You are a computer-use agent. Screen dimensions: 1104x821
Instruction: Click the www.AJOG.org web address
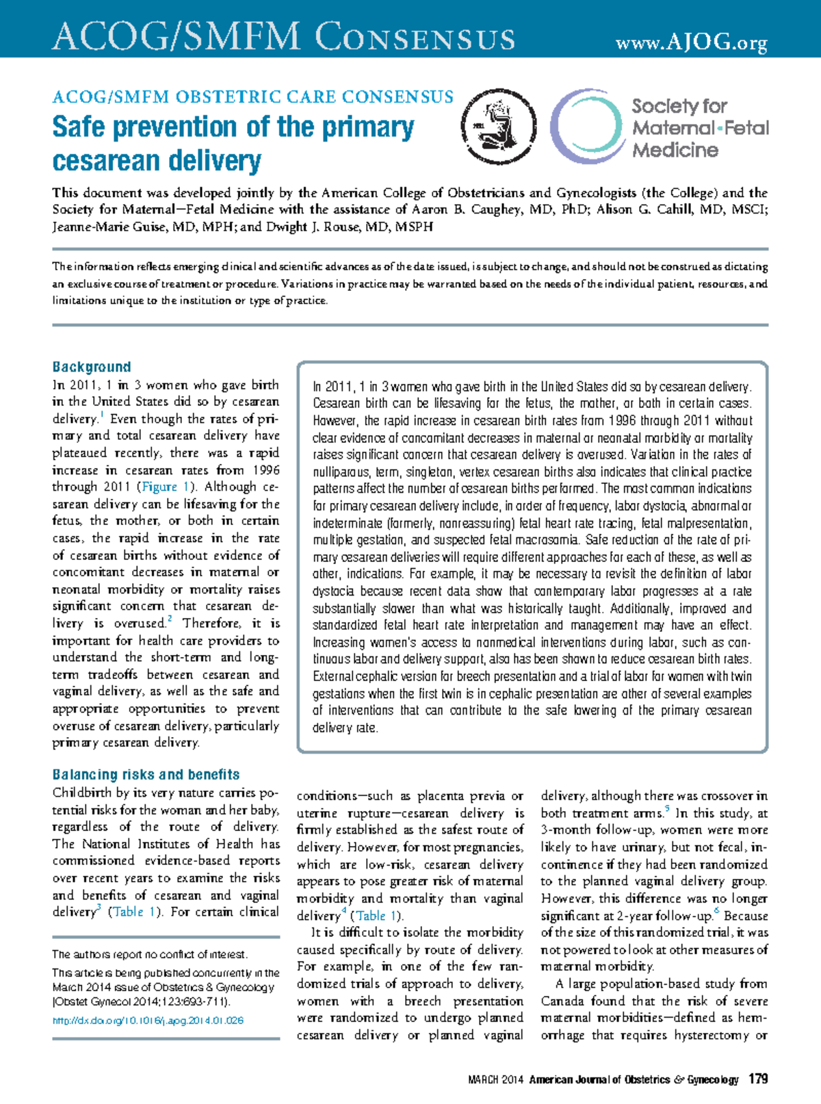[691, 44]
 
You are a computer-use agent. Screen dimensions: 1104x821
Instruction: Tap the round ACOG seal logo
[498, 127]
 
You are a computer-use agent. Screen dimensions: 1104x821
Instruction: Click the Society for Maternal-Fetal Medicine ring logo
[587, 127]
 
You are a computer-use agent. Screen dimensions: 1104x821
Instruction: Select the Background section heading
[92, 367]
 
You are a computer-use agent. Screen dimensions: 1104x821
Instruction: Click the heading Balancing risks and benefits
[146, 775]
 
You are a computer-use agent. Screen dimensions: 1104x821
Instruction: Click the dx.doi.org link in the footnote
[148, 1020]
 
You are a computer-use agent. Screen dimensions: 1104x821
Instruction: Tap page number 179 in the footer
[758, 1079]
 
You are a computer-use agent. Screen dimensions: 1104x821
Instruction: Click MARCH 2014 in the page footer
[495, 1080]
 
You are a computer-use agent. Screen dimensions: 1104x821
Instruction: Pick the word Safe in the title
[79, 127]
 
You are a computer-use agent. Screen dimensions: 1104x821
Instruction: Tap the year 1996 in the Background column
[265, 470]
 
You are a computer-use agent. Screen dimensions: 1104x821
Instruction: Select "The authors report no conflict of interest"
[151, 954]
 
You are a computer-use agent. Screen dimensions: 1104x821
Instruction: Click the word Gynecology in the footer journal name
[713, 1080]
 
